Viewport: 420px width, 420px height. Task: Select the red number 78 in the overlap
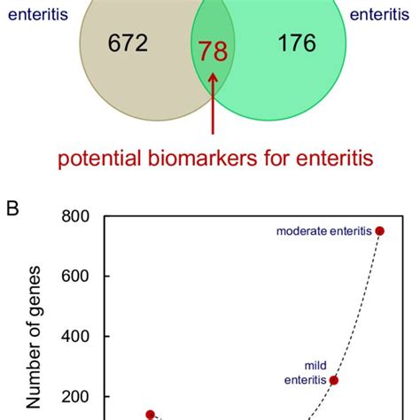(213, 52)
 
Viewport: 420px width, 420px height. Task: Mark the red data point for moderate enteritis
(380, 231)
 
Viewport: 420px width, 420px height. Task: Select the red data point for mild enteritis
(334, 380)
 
